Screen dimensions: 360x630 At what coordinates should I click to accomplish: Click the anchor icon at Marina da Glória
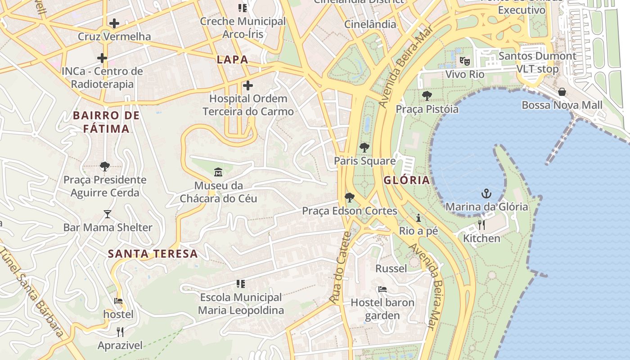(x=486, y=194)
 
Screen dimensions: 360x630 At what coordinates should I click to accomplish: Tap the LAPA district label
(x=232, y=59)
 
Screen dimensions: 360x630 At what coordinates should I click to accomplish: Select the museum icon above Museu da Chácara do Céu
(x=218, y=172)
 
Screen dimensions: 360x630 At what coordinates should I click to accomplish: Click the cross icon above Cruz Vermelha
(x=114, y=23)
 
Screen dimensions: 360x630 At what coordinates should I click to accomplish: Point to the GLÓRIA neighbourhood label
(x=406, y=180)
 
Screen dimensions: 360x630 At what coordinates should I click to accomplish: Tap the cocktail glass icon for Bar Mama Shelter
(x=108, y=214)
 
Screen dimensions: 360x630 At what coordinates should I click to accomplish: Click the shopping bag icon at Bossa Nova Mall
(x=562, y=92)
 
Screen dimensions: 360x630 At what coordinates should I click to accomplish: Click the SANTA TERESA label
(x=153, y=253)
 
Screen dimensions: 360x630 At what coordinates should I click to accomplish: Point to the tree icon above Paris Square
(x=364, y=147)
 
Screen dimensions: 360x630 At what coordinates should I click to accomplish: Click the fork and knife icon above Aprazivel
(x=120, y=332)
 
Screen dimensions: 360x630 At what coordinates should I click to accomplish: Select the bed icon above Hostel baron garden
(x=382, y=289)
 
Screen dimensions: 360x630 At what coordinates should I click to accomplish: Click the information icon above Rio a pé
(x=418, y=218)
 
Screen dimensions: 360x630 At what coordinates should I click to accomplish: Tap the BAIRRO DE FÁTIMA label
(x=106, y=122)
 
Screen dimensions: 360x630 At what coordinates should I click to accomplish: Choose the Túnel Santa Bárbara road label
(x=31, y=292)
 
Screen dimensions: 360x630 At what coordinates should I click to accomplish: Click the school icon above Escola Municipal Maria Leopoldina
(x=241, y=284)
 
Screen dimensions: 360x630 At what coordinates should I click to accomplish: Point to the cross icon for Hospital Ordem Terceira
(x=247, y=85)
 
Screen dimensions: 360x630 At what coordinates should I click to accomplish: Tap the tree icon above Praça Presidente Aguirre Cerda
(x=105, y=166)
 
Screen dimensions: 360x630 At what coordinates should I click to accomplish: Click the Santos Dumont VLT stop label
(x=537, y=63)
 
